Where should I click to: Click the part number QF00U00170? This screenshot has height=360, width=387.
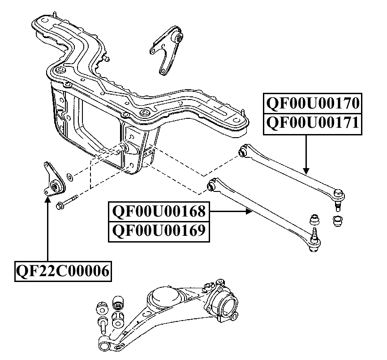pyautogui.click(x=313, y=103)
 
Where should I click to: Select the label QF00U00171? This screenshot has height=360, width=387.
pyautogui.click(x=313, y=123)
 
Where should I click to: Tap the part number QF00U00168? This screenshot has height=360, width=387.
pyautogui.click(x=159, y=211)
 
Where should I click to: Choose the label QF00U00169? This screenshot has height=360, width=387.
pyautogui.click(x=159, y=230)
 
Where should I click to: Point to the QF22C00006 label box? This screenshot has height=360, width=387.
pyautogui.click(x=63, y=271)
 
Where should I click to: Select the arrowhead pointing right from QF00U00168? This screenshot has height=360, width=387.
pyautogui.click(x=249, y=211)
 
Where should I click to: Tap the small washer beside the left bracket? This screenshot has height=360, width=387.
pyautogui.click(x=70, y=177)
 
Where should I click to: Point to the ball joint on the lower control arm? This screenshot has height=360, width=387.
pyautogui.click(x=314, y=240)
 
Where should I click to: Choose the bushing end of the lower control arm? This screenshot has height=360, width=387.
pyautogui.click(x=212, y=185)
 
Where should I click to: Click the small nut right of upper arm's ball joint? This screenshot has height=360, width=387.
pyautogui.click(x=337, y=221)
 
